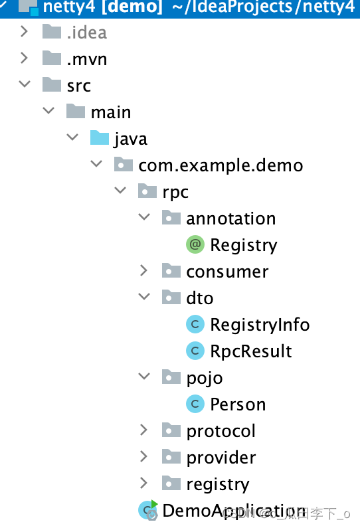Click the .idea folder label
tap(86, 33)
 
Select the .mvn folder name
tap(86, 59)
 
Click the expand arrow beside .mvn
tap(25, 58)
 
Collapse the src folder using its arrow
tap(25, 85)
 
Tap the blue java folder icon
tap(99, 138)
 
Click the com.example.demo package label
tap(221, 165)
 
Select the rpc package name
tap(175, 192)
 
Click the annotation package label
tap(230, 219)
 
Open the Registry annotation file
tap(243, 245)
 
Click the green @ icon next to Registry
tap(195, 245)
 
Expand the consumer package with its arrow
tap(144, 271)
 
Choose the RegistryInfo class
tap(260, 325)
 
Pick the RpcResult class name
tap(251, 351)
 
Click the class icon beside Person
tap(195, 404)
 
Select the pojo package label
tap(204, 378)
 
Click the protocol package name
tap(221, 431)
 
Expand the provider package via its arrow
tap(144, 457)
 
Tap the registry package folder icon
tap(171, 483)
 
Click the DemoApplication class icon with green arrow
tap(147, 509)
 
